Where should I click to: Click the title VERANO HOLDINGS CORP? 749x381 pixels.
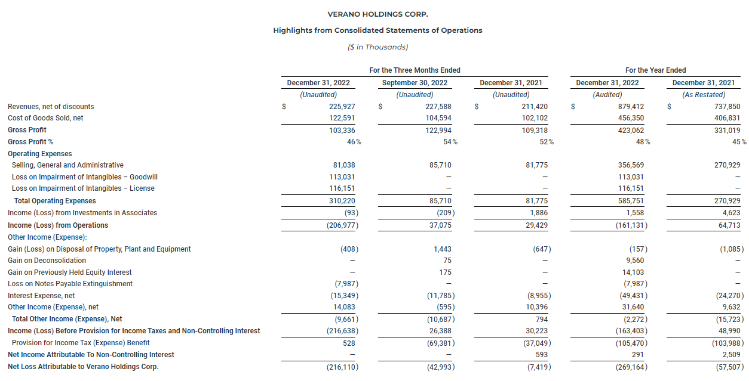(x=377, y=14)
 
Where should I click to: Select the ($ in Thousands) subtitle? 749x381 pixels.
(x=377, y=47)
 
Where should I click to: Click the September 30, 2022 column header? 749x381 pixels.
(x=415, y=83)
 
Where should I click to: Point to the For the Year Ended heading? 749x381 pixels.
(x=655, y=70)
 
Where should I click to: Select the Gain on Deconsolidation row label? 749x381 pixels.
(x=47, y=261)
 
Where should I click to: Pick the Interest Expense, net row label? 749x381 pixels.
(x=41, y=296)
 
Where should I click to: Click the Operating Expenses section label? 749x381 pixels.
(x=40, y=154)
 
